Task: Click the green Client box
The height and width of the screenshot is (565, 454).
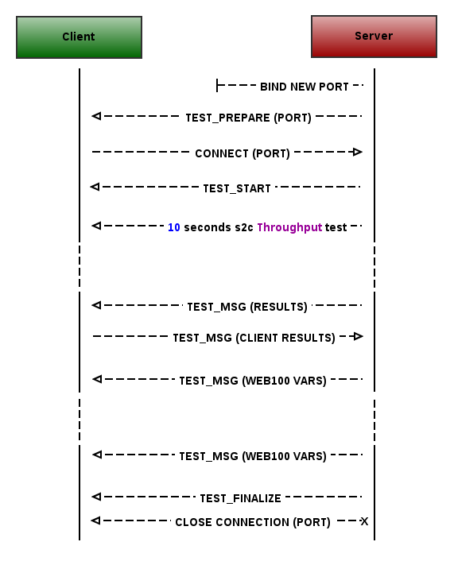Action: point(79,37)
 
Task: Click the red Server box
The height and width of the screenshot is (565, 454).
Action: point(374,37)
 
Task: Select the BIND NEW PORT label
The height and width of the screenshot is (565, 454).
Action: point(305,87)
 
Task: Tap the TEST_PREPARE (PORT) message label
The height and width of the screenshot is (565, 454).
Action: point(248,118)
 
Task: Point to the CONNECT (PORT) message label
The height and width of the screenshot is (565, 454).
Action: point(243,153)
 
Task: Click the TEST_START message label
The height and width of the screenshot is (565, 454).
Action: point(237,188)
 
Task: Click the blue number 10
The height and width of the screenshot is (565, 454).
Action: point(174,227)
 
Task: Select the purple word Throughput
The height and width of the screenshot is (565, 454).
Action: point(289,227)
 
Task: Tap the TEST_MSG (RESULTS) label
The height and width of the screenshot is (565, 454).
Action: point(247,307)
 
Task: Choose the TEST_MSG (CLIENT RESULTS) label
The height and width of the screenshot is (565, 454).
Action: point(254,338)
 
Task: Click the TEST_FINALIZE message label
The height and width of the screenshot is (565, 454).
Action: point(241,498)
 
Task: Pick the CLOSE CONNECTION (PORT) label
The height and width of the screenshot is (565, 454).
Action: point(253,522)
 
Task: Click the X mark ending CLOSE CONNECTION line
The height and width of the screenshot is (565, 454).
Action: point(364,521)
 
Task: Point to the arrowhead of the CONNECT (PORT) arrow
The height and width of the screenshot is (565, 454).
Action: point(357,152)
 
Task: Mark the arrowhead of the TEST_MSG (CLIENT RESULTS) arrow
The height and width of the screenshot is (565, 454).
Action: point(358,337)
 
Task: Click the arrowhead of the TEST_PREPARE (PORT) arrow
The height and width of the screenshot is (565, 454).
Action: point(96,116)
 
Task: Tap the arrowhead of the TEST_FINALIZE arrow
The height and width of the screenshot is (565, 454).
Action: point(96,497)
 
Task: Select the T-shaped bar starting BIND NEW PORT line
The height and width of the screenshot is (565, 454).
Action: point(217,86)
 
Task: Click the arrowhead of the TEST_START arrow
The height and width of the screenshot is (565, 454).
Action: point(95,187)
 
